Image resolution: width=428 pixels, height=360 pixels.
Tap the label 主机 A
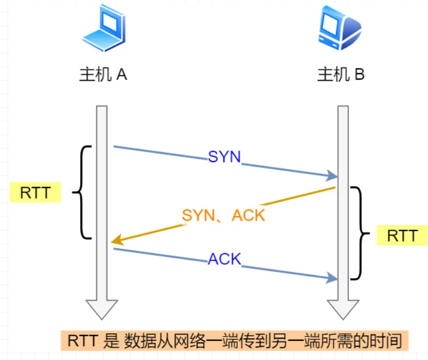pos(103,75)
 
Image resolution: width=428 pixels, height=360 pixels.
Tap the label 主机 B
pos(341,75)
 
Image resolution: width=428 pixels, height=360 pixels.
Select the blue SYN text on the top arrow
pos(224,157)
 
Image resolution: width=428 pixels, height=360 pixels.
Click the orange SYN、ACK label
pos(224,215)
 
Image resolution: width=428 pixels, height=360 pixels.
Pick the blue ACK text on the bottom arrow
pos(224,259)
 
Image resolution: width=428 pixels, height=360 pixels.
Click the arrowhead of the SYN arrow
pos(332,176)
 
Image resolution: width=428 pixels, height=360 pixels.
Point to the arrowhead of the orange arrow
pos(116,241)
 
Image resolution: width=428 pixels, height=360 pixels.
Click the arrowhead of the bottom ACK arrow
pos(332,278)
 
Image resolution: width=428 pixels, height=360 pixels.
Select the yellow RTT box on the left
pos(35,193)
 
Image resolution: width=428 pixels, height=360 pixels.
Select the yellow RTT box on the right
pos(402,236)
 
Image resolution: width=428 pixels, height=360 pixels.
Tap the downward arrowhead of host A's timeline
pos(102,309)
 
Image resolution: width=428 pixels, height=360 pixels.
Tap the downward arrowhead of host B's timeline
pos(342,309)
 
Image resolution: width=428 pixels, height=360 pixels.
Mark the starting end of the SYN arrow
pos(114,146)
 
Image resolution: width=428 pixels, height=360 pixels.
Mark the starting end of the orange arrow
pos(334,188)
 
